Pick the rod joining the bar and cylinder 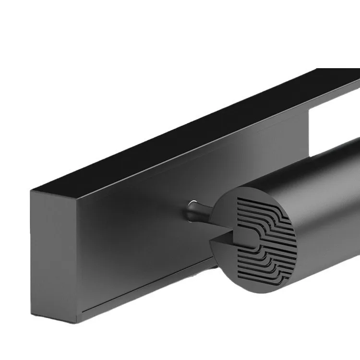click(x=204, y=216)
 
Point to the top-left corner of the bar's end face click(x=31, y=191)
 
